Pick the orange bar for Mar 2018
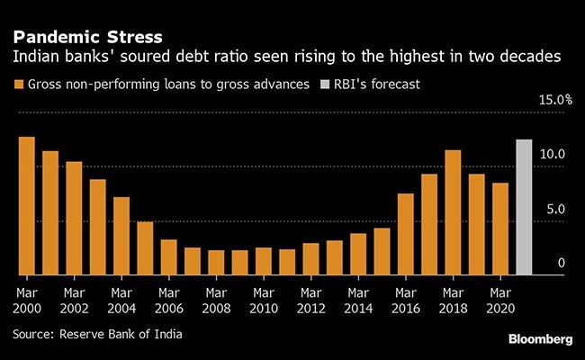tap(453, 212)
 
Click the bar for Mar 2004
tap(121, 236)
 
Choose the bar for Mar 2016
tap(405, 234)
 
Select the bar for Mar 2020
tap(499, 229)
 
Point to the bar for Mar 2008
tap(216, 262)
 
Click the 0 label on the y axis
tap(561, 264)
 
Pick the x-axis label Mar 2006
tap(168, 301)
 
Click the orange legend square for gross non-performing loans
tap(18, 85)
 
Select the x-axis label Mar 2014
tap(357, 301)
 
